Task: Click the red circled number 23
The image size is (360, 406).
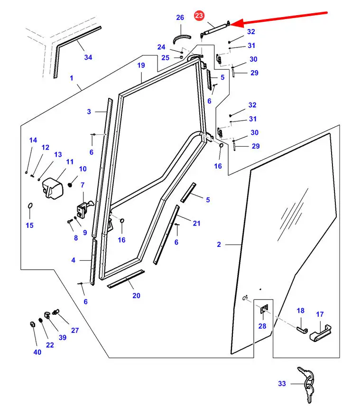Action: tap(199, 16)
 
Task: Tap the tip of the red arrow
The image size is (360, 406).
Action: tap(230, 25)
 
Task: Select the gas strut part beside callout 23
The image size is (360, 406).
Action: tap(214, 28)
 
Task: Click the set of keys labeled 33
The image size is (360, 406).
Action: tap(306, 383)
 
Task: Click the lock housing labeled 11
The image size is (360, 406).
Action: tap(53, 188)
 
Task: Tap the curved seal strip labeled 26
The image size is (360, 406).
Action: tap(181, 38)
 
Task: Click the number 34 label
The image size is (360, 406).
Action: tap(88, 57)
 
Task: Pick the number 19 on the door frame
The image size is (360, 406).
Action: tap(141, 65)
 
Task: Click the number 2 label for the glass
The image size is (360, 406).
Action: tap(219, 245)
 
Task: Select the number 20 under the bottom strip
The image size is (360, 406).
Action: tap(136, 295)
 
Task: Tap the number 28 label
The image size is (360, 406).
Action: tap(262, 326)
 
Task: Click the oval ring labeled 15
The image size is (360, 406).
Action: tap(30, 206)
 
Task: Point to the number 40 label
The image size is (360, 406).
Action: tap(37, 352)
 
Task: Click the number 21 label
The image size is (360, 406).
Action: tap(196, 223)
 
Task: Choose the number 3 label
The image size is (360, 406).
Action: tap(89, 112)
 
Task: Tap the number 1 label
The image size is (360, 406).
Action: tap(72, 78)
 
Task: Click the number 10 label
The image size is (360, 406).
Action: tap(83, 169)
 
